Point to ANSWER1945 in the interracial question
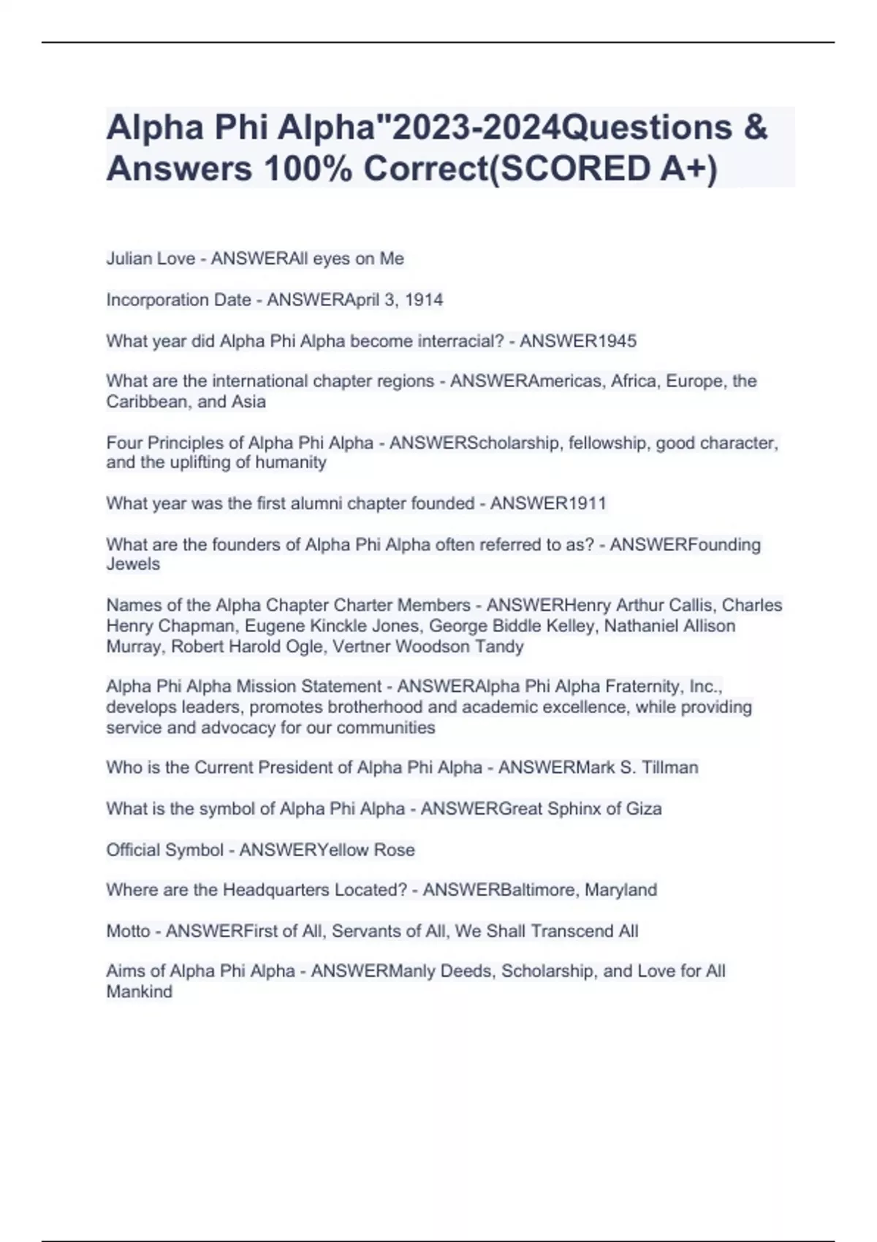click(x=578, y=341)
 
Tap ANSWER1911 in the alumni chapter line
click(x=548, y=503)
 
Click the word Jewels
click(x=133, y=564)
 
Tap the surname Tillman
click(x=670, y=767)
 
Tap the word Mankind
click(x=140, y=992)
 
